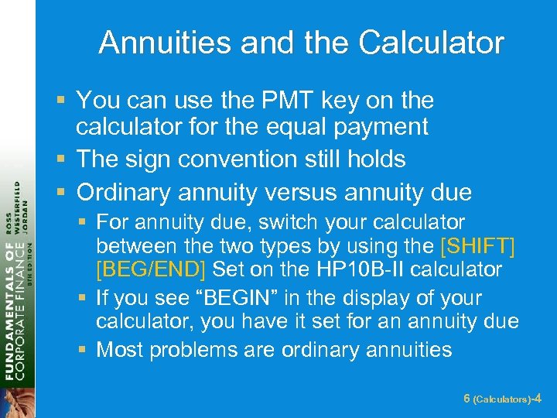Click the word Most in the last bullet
coord(119,350)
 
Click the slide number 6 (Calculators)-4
coord(502,399)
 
